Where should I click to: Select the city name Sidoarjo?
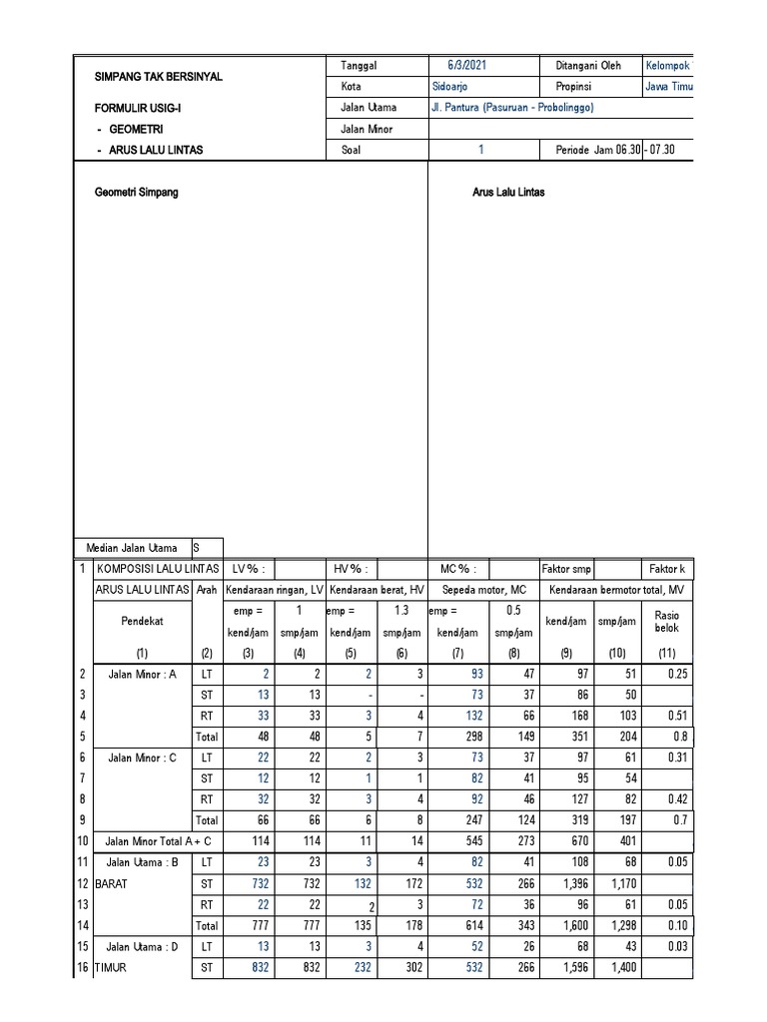pos(450,86)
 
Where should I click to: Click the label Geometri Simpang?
pos(136,192)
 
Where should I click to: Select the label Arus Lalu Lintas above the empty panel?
pos(508,192)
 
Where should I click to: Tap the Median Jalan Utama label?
pos(133,547)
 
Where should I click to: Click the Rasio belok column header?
pos(666,621)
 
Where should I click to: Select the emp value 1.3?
pos(402,610)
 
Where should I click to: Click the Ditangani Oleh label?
pos(588,65)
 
